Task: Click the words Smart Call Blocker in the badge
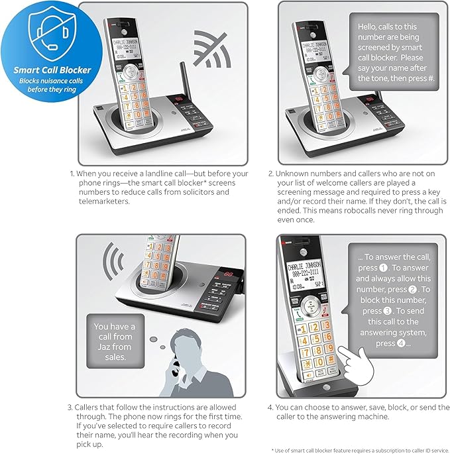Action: pos(53,70)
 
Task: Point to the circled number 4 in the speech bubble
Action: pos(403,343)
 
